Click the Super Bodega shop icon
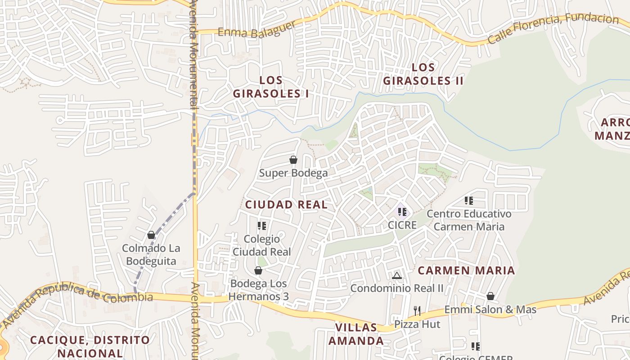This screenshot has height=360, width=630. pos(293,160)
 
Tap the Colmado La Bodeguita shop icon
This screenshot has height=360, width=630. pos(151,235)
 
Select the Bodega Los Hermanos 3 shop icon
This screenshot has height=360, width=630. pos(258,270)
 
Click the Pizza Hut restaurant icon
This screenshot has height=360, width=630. pos(417,310)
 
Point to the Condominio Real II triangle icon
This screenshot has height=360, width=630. pos(396,275)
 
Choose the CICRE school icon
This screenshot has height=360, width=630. pos(402,211)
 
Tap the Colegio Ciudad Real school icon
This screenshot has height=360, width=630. pos(262,225)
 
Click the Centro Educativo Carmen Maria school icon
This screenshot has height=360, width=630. pos(469,200)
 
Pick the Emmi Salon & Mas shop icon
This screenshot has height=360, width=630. pos(490,296)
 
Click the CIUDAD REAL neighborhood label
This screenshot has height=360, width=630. pos(286,205)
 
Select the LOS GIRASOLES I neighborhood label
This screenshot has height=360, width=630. pos(271,87)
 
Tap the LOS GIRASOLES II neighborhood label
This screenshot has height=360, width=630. pos(423,74)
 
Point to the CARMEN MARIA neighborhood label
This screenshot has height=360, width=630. pos(466,270)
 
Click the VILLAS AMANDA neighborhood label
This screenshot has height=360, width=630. pos(356,334)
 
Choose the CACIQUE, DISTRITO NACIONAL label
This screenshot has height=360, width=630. pos(90,346)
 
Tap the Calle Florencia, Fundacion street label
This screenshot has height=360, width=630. pos(553,29)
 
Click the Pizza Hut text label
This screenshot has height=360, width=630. pos(417,324)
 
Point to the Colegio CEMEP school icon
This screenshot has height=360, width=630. pos(476,346)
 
